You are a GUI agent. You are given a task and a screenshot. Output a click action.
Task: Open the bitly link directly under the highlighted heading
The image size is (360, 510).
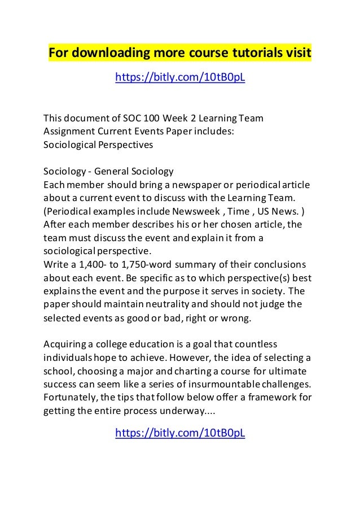(x=180, y=76)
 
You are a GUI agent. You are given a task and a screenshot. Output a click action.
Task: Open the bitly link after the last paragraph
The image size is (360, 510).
(x=180, y=433)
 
